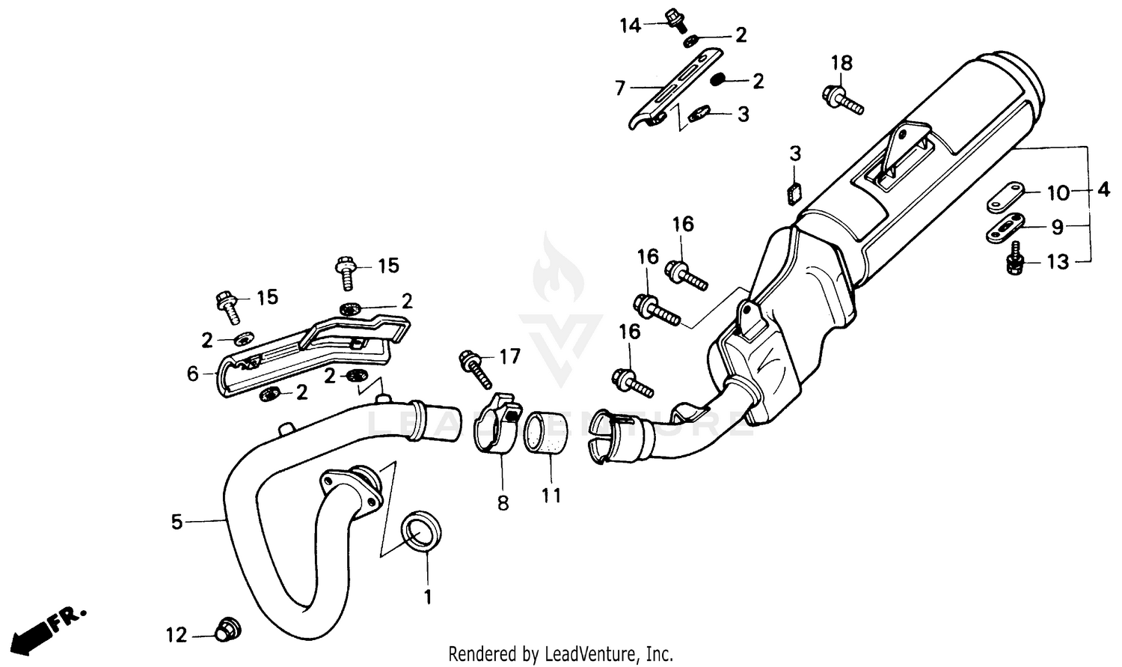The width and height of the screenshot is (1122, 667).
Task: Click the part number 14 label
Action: [x=630, y=25]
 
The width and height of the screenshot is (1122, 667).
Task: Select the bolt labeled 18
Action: [x=843, y=100]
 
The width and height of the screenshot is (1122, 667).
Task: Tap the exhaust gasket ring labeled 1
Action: [x=423, y=532]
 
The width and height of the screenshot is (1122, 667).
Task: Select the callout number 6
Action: [x=193, y=373]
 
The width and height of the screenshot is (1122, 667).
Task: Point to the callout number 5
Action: [x=177, y=522]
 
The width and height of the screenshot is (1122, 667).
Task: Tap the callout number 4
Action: [x=1103, y=190]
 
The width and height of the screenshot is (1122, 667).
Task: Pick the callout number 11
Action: [x=551, y=496]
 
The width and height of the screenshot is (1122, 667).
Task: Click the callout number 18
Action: [x=841, y=63]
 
